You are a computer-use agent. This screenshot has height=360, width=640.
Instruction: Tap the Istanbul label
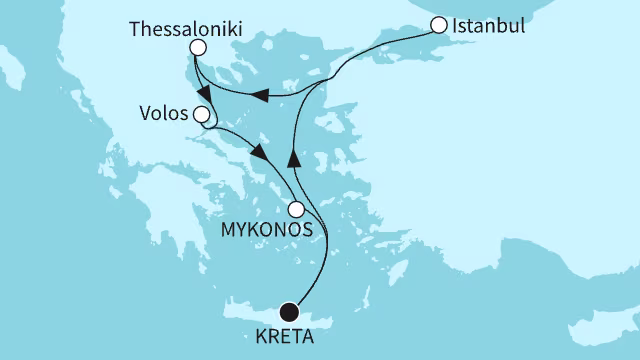(489, 24)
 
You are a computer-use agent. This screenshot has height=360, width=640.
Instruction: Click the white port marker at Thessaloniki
(198, 47)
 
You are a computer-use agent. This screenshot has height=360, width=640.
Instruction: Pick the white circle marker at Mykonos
(296, 210)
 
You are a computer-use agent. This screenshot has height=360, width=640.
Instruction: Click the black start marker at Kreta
(290, 312)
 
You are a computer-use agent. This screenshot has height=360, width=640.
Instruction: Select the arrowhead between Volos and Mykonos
(259, 153)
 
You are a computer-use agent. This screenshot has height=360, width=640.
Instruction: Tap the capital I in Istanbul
(455, 24)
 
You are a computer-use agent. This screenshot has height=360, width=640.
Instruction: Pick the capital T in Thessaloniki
(136, 28)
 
